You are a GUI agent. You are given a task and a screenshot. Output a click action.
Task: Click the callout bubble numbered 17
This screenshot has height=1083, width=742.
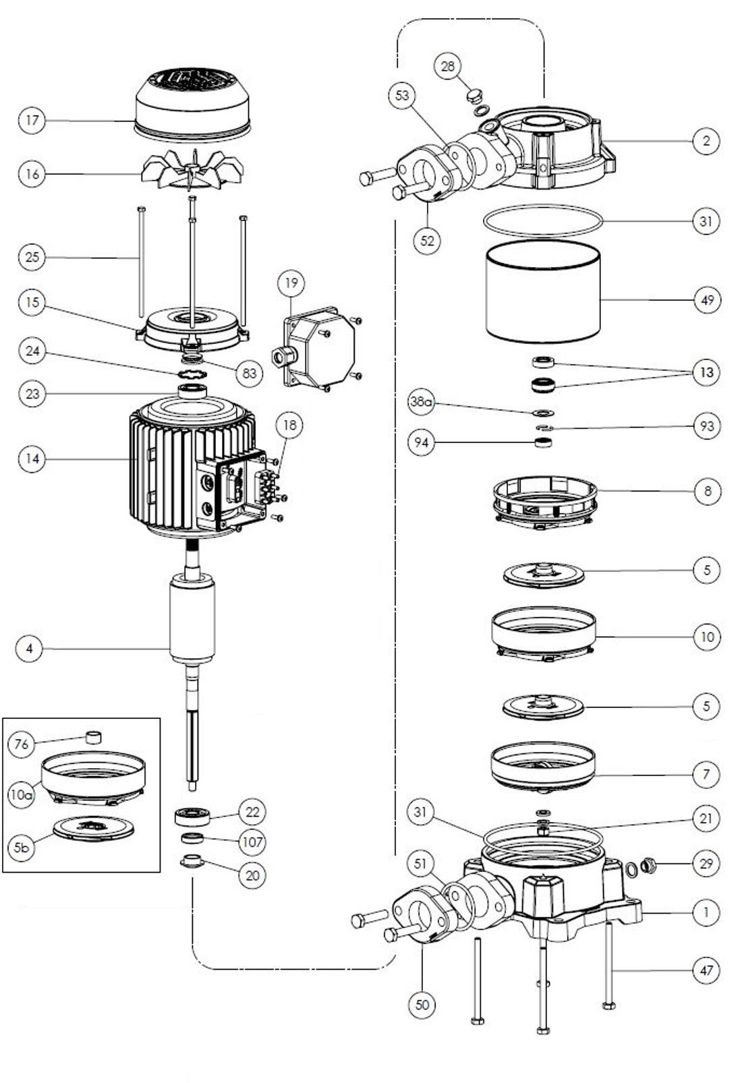pos(32,121)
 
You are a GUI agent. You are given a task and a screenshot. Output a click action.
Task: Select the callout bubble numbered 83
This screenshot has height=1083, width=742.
pos(250,372)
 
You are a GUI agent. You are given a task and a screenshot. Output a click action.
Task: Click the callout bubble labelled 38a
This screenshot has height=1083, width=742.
pos(421,403)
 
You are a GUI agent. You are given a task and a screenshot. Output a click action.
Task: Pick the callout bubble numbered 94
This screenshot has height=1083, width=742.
pos(422,442)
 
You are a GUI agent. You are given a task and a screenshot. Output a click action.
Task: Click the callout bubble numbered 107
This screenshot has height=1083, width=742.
pos(252,842)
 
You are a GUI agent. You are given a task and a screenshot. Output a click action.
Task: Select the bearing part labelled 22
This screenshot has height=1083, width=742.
pos(192,816)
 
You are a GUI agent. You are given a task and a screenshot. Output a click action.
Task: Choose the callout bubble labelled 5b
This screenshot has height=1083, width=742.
pos(22,847)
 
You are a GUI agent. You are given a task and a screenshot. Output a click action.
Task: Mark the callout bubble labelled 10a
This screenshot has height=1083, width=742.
pos(22,794)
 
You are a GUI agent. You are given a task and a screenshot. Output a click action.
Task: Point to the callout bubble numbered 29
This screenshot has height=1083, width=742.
pos(706,863)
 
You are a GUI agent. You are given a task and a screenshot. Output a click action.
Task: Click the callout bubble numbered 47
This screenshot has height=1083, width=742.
pos(706,970)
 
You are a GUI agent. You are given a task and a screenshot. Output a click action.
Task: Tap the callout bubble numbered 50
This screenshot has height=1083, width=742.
pos(422,1005)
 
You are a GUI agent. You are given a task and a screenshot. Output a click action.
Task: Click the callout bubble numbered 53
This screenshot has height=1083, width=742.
pos(402,95)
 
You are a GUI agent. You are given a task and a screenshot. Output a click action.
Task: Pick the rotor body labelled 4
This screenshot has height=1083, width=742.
pos(192,617)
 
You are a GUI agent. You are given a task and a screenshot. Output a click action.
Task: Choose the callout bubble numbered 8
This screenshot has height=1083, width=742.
pos(707,491)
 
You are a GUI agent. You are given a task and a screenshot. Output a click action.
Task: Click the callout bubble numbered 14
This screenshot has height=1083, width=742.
pos(32,459)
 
